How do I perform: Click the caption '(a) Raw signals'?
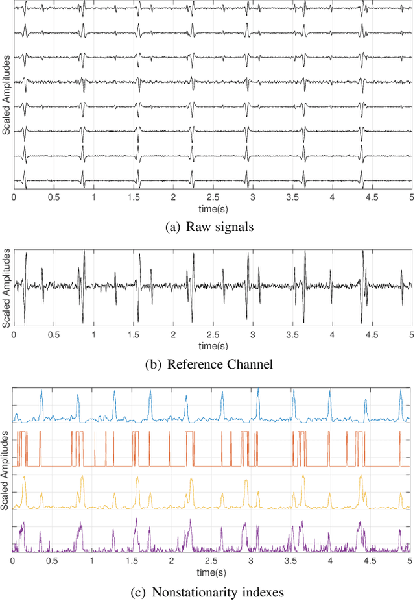pos(207,227)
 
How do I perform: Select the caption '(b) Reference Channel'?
pos(207,364)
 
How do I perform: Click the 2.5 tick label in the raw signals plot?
pos(213,196)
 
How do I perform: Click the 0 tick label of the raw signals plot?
pos(14,196)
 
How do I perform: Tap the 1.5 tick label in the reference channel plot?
pos(133,335)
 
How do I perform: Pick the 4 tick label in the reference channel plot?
pos(332,335)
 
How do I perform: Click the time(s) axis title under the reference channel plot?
pos(213,345)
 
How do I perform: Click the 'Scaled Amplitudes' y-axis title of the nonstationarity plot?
pos(6,469)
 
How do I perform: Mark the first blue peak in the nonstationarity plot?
pos(41,391)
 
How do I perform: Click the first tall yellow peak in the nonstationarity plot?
pos(24,478)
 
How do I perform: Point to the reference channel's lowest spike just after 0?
pos(25,324)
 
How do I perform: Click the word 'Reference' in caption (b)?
pos(195,364)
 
